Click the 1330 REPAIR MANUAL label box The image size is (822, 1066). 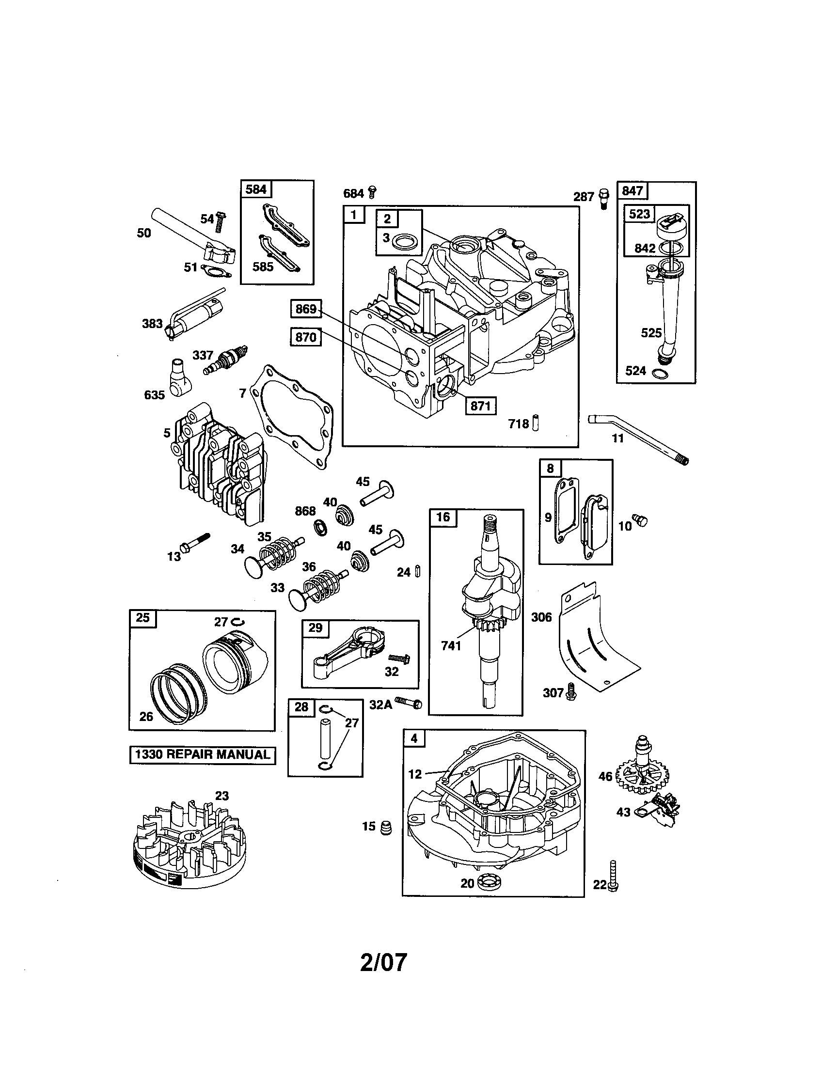tap(202, 754)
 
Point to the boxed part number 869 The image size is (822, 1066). tap(306, 309)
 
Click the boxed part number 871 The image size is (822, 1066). tap(480, 406)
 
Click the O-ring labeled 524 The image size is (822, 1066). tap(660, 374)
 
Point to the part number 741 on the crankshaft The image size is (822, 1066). tap(451, 645)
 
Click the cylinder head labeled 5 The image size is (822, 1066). tap(220, 464)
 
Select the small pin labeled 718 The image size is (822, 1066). tap(536, 422)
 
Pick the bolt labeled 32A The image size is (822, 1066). tap(409, 703)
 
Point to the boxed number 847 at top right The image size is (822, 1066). tap(632, 190)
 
